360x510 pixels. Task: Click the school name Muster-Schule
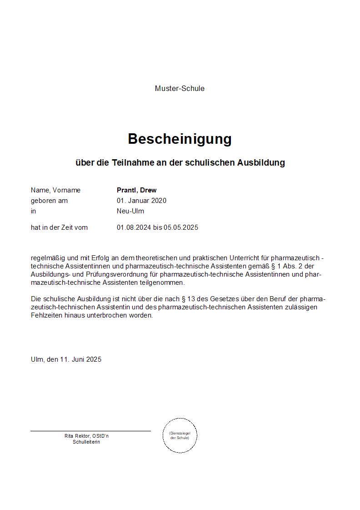tap(180, 89)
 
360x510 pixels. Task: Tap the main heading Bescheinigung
tap(180, 139)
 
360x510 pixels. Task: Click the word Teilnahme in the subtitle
tap(132, 162)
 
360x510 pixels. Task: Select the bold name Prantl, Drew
tap(136, 190)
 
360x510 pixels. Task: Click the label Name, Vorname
tap(55, 190)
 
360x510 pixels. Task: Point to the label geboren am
tap(49, 201)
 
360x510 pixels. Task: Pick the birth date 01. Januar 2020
tap(141, 201)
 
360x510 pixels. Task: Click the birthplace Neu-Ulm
tap(130, 211)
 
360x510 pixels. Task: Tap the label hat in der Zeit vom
tap(59, 227)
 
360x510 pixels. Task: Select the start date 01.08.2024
tap(134, 227)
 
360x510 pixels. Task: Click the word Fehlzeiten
tap(46, 315)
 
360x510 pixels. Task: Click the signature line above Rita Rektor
tap(90, 431)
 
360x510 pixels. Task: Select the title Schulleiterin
tap(86, 442)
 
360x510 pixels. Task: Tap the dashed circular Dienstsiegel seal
tap(180, 435)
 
